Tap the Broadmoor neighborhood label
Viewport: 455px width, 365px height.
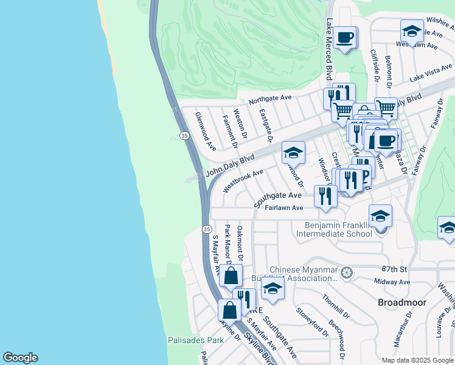point(402,302)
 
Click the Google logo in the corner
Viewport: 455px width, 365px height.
point(20,358)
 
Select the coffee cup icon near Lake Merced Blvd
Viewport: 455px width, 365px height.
point(346,38)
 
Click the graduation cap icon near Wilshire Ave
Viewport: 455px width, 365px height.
point(412,32)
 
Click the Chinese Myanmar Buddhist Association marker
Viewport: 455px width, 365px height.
point(347,271)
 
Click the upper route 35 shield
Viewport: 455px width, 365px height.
point(183,134)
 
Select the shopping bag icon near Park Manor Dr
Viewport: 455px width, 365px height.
point(231,276)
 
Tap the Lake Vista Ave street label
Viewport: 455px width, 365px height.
point(431,72)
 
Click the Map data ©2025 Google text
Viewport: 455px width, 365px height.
point(417,360)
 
